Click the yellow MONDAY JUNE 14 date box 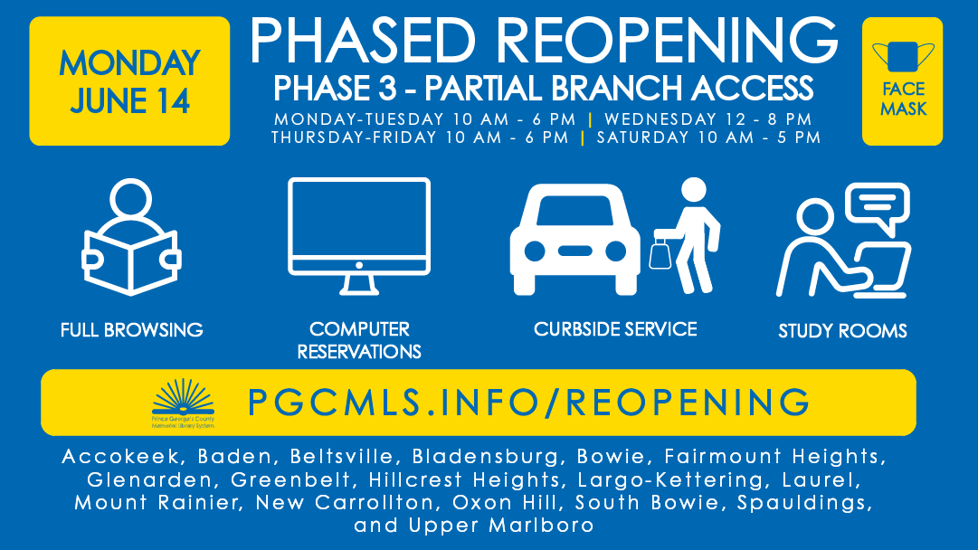click(129, 81)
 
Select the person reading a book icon click(130, 237)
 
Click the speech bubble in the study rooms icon click(877, 205)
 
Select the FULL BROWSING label click(132, 330)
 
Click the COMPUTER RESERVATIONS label click(359, 340)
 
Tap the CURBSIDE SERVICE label click(615, 329)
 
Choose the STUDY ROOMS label click(842, 331)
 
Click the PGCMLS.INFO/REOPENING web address click(528, 401)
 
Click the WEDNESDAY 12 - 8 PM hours click(707, 119)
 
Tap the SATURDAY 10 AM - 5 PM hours click(708, 137)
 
